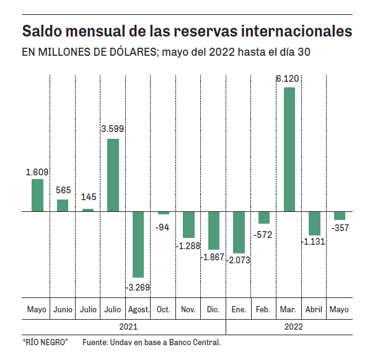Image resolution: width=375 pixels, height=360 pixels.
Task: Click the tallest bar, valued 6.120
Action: [x=289, y=149]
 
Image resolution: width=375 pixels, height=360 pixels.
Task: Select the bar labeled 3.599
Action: [x=113, y=175]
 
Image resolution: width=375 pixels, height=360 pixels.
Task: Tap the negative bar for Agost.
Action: [x=138, y=244]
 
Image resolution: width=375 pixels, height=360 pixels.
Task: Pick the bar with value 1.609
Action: [x=37, y=195]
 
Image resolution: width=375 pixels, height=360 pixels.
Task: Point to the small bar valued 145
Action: [x=88, y=210]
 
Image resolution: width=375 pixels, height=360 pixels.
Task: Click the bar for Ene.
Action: [x=239, y=232]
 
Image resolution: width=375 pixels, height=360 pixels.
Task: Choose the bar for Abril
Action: [x=314, y=223]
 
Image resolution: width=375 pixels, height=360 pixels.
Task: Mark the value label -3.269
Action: [x=138, y=288]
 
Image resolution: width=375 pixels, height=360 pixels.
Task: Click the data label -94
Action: [x=162, y=227]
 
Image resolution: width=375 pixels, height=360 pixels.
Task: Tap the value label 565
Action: [x=63, y=190]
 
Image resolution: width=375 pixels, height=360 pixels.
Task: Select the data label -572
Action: [x=263, y=235]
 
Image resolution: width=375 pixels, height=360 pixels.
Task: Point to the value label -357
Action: [x=339, y=229]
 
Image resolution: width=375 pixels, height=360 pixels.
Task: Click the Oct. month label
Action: [x=163, y=309]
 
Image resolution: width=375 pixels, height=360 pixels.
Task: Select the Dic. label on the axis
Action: [x=213, y=309]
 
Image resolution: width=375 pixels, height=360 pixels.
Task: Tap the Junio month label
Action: [x=63, y=309]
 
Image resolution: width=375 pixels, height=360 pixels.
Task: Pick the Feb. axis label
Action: [x=263, y=309]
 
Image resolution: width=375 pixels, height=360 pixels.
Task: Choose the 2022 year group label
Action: [x=294, y=325]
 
